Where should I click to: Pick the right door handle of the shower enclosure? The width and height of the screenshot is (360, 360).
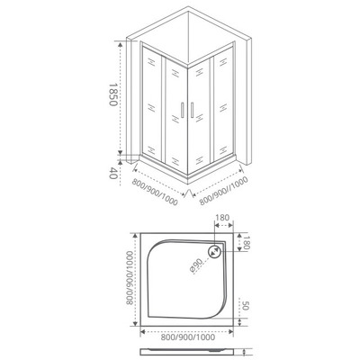click(x=190, y=109)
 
